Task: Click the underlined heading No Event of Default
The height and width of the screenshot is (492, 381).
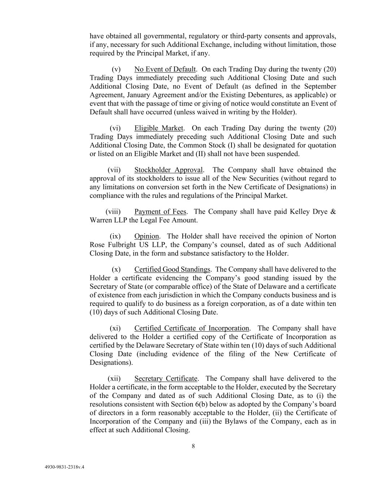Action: pos(165,69)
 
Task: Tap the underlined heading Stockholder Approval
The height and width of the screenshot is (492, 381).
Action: pos(169,170)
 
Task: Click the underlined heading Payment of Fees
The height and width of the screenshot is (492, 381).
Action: pos(160,212)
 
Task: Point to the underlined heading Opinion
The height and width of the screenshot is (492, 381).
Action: pos(147,236)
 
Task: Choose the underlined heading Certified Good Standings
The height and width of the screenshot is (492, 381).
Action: pos(172,270)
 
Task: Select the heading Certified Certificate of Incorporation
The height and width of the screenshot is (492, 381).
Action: pos(191,328)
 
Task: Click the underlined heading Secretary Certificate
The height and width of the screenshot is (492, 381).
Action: pos(166,379)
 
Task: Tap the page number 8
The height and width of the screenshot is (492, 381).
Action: pos(193,446)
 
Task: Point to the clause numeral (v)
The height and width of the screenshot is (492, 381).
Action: pos(116,69)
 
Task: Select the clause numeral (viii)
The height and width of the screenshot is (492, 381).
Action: pos(113,212)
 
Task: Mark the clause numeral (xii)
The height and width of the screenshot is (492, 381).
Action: pos(114,379)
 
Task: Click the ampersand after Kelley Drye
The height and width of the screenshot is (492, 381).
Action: pos(333,212)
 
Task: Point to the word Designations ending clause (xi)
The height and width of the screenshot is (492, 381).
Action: pos(111,363)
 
